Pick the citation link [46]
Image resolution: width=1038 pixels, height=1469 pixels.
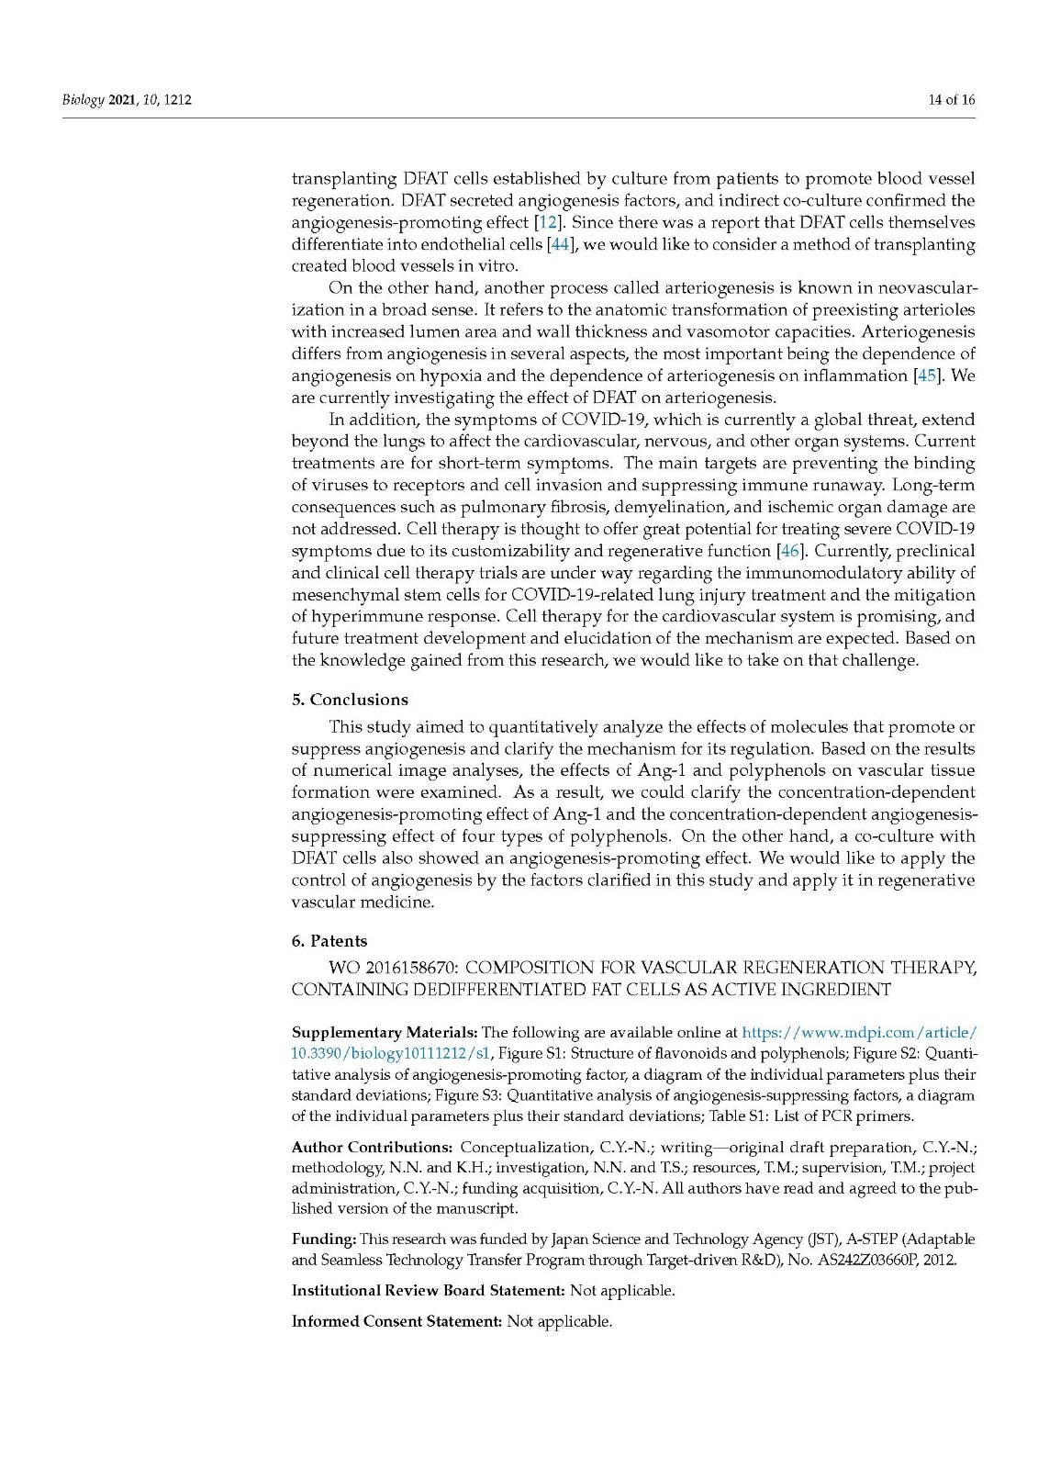click(x=789, y=551)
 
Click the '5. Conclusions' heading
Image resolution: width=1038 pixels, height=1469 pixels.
click(x=350, y=700)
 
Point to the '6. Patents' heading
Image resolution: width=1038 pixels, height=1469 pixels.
click(x=329, y=941)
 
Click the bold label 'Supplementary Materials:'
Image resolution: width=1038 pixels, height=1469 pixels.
click(x=385, y=1033)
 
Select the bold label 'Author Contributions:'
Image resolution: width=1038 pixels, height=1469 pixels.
click(x=372, y=1148)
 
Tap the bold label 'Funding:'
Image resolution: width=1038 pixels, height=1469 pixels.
click(x=324, y=1239)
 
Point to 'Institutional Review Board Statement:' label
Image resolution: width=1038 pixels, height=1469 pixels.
click(x=428, y=1291)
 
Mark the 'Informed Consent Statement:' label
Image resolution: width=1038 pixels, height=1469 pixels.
click(x=396, y=1322)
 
